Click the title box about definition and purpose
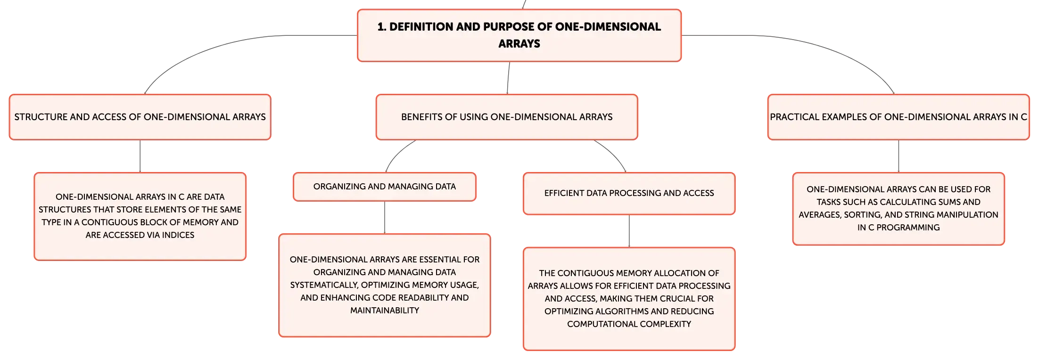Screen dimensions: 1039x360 point(519,35)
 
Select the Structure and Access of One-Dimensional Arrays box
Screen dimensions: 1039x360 point(140,117)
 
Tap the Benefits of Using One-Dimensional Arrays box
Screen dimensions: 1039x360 point(507,117)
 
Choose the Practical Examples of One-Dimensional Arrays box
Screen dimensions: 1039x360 point(899,117)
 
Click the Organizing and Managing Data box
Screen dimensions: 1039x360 point(385,187)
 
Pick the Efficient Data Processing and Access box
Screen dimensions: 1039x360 point(629,193)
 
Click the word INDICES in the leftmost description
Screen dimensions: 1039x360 point(178,235)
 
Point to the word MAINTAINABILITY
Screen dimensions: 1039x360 point(385,310)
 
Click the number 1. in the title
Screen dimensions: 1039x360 point(382,27)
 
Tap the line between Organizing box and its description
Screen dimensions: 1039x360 point(385,217)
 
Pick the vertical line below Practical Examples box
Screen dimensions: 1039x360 point(899,156)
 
